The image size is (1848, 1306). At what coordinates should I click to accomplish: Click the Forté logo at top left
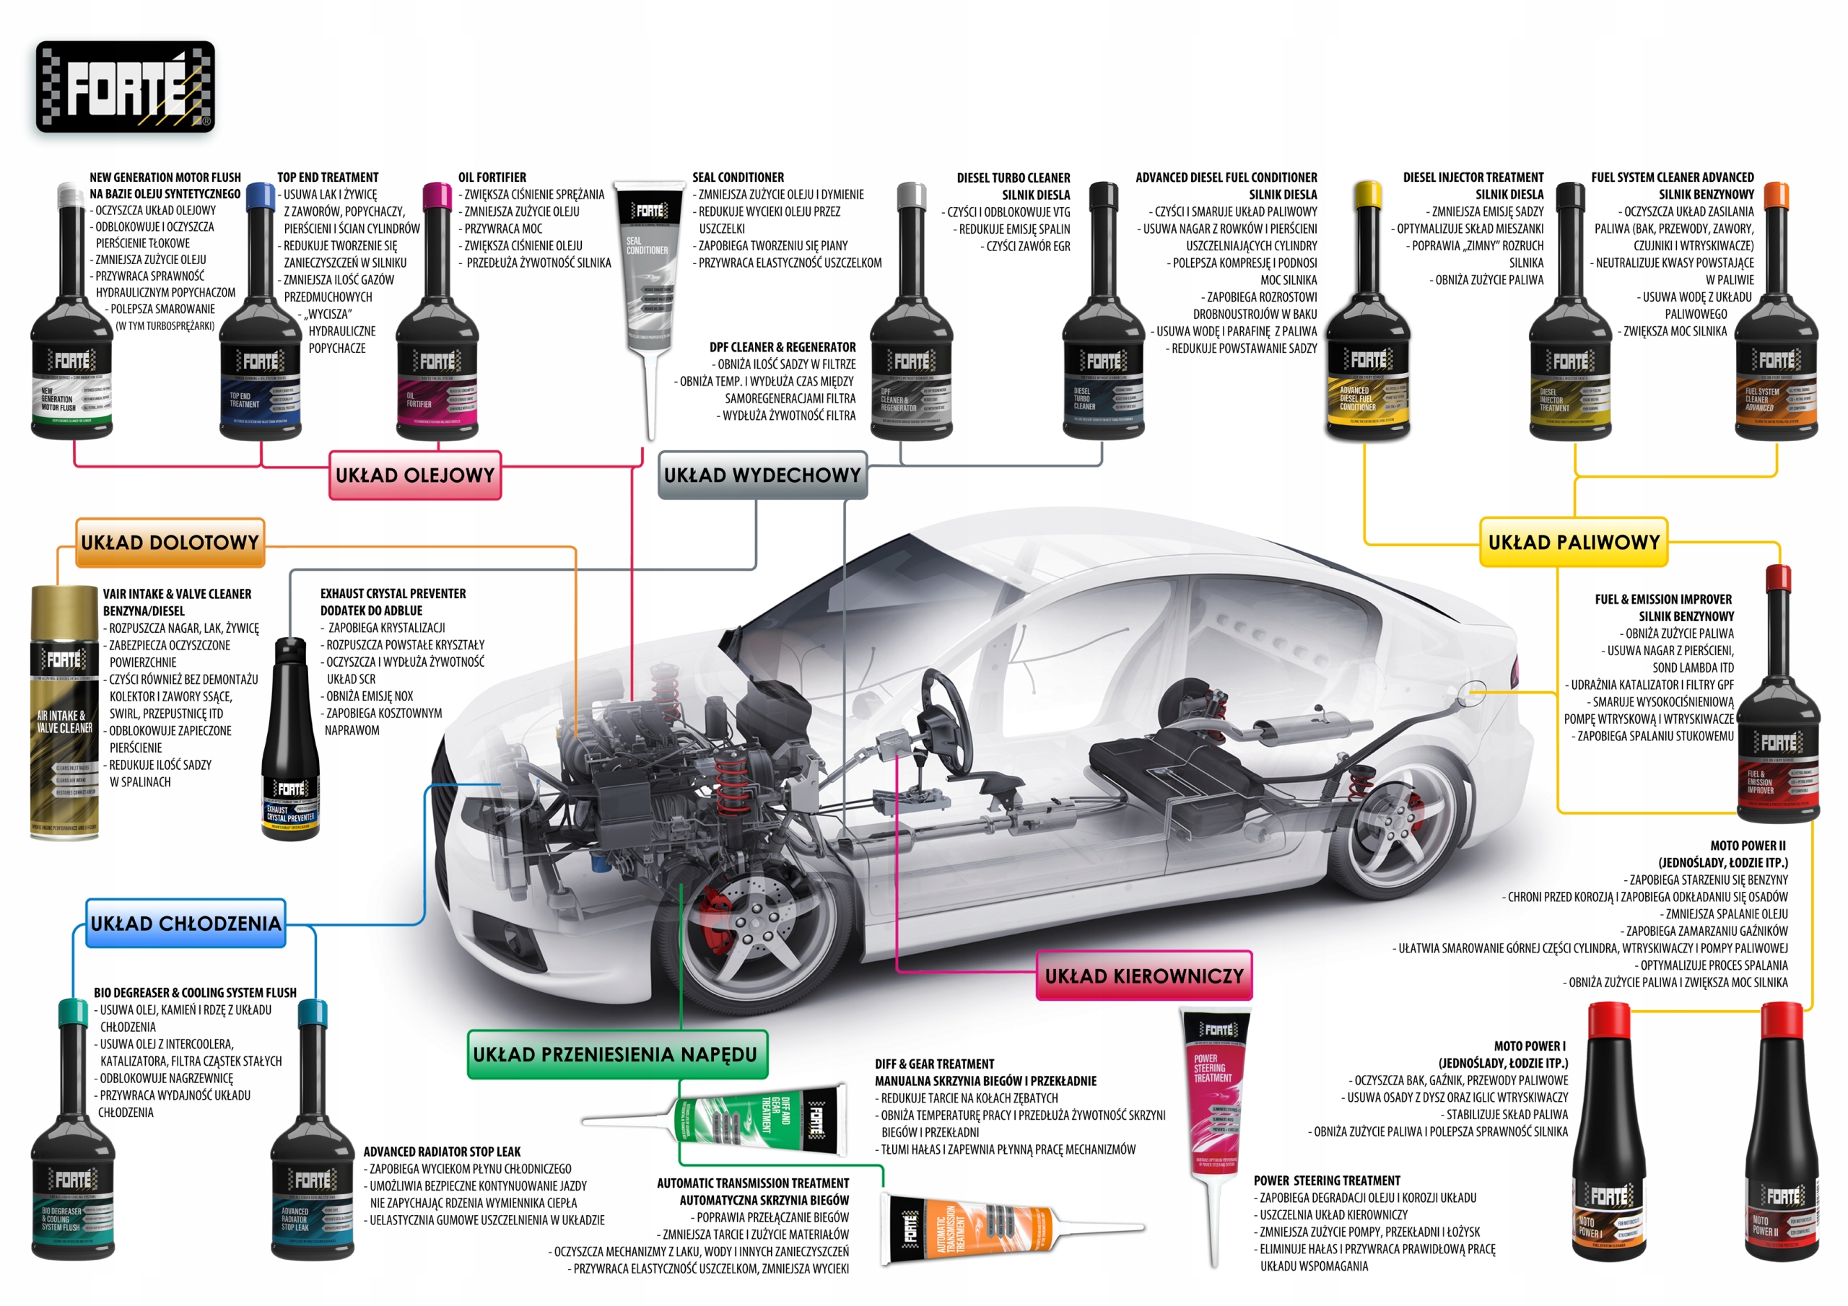[x=125, y=87]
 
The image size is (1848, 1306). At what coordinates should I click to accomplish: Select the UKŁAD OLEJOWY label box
[x=414, y=475]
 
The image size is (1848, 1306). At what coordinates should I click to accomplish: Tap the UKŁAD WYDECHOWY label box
[x=762, y=475]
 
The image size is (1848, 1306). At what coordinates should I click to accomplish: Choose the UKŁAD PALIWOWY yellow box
[x=1573, y=543]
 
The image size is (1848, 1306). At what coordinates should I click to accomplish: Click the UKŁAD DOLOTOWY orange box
[x=170, y=543]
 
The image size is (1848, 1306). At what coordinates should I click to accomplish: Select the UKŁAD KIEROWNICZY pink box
[x=1143, y=976]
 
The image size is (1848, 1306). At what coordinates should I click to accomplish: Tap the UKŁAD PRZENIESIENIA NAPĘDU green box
[x=616, y=1054]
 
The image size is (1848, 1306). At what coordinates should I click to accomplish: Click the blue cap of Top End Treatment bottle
[x=260, y=196]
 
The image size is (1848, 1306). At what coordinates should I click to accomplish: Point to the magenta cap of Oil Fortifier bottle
[x=437, y=196]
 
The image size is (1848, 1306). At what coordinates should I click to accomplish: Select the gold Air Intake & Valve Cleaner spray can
[x=64, y=712]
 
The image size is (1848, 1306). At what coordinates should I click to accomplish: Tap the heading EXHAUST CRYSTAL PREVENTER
[x=393, y=594]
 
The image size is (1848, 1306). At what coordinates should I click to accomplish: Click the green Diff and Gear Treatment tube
[x=761, y=1118]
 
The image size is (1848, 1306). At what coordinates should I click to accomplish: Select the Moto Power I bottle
[x=1608, y=1143]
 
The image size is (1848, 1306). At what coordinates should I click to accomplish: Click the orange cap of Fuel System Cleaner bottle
[x=1776, y=196]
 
